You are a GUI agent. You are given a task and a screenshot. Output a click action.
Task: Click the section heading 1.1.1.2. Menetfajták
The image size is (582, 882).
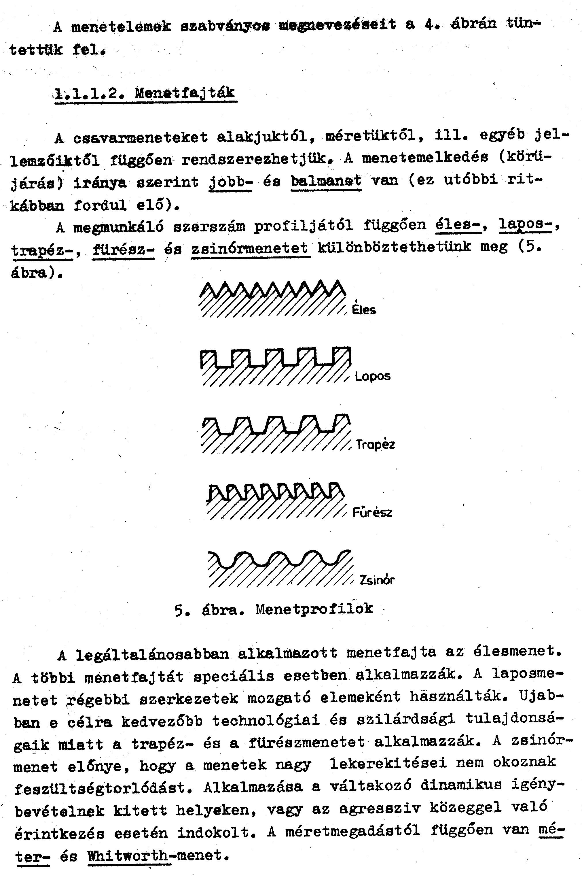tap(145, 93)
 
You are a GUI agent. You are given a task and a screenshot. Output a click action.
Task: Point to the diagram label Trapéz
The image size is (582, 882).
tap(375, 444)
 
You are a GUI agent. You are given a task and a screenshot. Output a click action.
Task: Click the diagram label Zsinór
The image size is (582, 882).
tap(377, 580)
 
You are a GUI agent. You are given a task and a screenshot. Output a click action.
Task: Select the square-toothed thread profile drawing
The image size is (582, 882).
tap(275, 366)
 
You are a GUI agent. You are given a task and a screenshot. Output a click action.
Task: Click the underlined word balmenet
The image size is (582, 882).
tap(326, 181)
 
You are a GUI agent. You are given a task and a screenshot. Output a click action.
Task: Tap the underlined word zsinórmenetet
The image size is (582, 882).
tap(250, 248)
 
